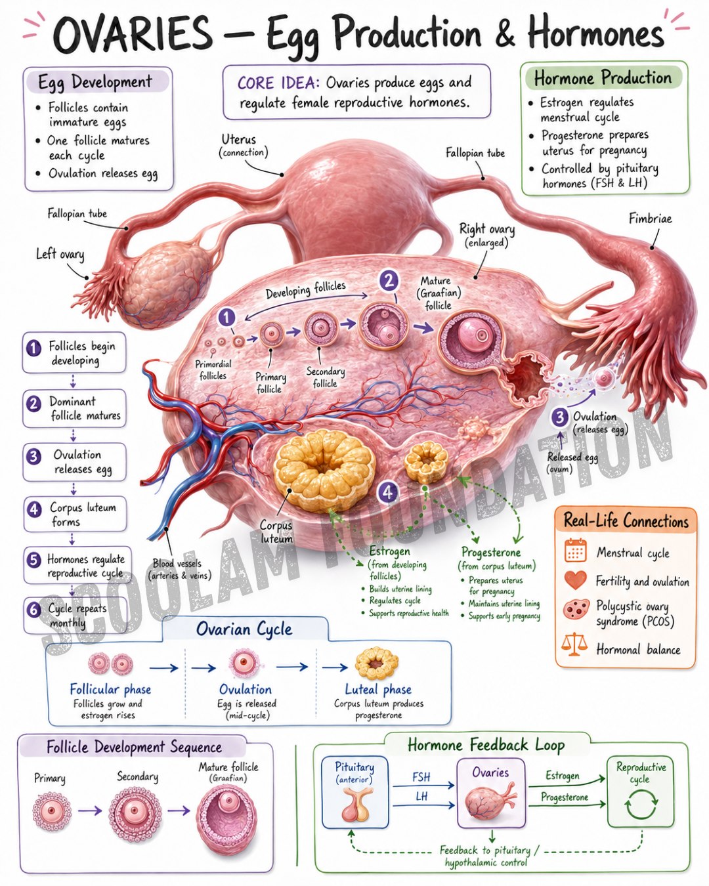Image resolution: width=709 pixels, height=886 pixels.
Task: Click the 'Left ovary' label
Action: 60,254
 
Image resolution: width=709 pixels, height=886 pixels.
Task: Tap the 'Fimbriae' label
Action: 650,219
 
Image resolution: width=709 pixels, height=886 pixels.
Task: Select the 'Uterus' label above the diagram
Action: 238,139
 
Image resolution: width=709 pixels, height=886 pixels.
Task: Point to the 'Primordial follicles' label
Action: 213,369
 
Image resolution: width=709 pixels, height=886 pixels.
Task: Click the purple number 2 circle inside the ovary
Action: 389,281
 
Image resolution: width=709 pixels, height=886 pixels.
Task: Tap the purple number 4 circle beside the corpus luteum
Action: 387,492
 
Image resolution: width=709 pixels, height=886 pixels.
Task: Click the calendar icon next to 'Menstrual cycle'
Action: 575,550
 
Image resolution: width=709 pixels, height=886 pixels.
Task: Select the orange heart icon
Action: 575,580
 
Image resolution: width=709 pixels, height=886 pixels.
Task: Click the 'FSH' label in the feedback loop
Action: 421,777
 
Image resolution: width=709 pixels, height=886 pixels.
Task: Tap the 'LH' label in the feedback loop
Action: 421,796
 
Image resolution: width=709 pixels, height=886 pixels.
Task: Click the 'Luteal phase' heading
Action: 377,689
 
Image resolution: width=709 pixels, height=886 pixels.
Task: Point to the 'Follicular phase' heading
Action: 110,689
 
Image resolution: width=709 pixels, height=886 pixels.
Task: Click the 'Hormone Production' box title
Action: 602,78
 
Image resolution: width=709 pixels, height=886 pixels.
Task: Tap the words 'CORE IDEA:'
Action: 278,83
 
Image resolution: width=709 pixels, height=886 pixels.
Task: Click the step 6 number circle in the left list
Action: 33,609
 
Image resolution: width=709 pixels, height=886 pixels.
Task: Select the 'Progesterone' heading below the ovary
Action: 490,552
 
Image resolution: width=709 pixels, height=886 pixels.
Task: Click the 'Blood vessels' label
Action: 177,563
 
